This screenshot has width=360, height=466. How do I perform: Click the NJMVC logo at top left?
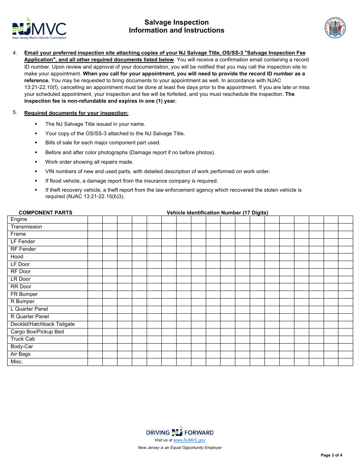click(39, 28)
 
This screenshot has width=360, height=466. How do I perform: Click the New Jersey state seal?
click(335, 28)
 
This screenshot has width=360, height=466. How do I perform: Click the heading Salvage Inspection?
click(176, 22)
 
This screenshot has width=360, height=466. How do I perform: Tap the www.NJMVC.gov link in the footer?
click(189, 440)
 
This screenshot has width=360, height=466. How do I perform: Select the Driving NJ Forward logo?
click(180, 432)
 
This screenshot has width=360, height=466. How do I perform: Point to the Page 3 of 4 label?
click(331, 455)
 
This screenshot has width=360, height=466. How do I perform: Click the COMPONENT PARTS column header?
click(45, 213)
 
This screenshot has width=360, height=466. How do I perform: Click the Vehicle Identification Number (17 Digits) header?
click(217, 213)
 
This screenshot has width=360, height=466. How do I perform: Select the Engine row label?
click(19, 219)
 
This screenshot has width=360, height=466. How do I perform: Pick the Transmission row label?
click(26, 227)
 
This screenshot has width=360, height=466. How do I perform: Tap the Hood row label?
click(17, 257)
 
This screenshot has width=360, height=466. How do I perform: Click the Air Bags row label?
click(20, 354)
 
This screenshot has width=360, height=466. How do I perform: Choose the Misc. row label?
click(17, 362)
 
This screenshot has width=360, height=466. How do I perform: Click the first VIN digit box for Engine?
click(95, 220)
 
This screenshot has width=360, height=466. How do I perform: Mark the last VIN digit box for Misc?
click(345, 362)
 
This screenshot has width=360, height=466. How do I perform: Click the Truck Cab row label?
click(23, 339)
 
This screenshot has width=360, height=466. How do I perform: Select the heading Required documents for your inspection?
click(76, 113)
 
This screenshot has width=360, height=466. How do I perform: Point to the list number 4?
click(15, 53)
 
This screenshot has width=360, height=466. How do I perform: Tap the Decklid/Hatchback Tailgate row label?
click(42, 324)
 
